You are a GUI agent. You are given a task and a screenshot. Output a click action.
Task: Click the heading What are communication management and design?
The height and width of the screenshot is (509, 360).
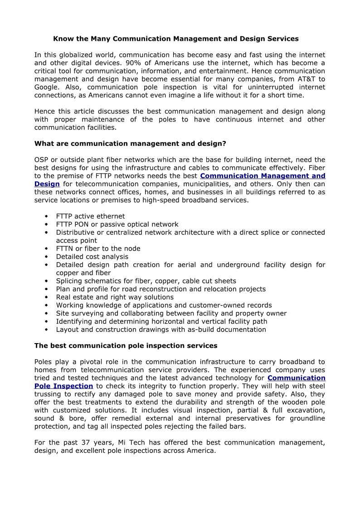click(x=130, y=144)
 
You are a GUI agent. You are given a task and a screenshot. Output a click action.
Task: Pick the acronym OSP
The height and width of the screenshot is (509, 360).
click(x=42, y=160)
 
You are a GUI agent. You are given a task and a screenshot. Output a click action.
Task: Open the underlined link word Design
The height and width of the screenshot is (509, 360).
click(x=47, y=184)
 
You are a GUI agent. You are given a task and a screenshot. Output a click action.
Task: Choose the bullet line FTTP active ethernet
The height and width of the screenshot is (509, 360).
click(x=90, y=216)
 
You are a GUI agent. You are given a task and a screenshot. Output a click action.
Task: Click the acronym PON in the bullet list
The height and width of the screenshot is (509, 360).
click(x=84, y=224)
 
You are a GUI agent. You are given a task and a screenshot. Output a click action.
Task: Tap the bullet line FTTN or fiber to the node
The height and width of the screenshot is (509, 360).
click(x=98, y=248)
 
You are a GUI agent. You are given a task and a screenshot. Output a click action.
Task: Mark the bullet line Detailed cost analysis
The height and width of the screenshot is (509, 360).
click(x=92, y=257)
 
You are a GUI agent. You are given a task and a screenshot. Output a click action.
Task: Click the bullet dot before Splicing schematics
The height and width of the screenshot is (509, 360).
click(x=47, y=281)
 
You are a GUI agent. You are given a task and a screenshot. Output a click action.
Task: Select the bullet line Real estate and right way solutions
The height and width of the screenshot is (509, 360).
click(x=115, y=297)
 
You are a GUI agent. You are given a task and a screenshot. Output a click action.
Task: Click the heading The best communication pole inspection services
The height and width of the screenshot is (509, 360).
click(x=126, y=346)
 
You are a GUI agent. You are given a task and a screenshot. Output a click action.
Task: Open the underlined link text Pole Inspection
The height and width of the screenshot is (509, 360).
click(x=64, y=386)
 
